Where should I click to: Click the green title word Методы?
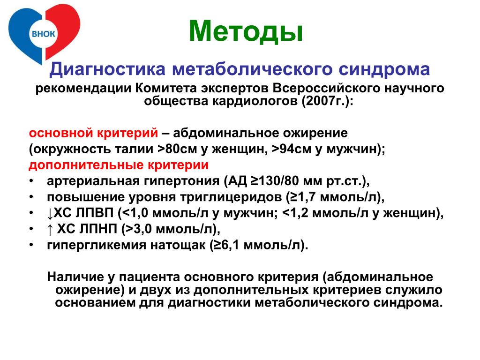coord(246,31)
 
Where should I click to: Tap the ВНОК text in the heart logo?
coord(44,34)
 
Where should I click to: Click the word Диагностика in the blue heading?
coord(107,69)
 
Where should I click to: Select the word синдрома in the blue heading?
coord(384,69)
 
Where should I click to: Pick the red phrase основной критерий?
coord(93,133)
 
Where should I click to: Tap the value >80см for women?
coord(178,149)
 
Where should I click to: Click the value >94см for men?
coord(292,149)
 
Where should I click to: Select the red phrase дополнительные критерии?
coord(119,165)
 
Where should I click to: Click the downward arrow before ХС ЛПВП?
coord(50,214)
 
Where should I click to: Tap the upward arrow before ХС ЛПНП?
coord(50,230)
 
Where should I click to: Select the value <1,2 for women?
coord(295,213)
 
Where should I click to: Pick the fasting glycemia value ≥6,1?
coord(226,245)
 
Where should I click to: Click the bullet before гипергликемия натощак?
coord(31,245)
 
